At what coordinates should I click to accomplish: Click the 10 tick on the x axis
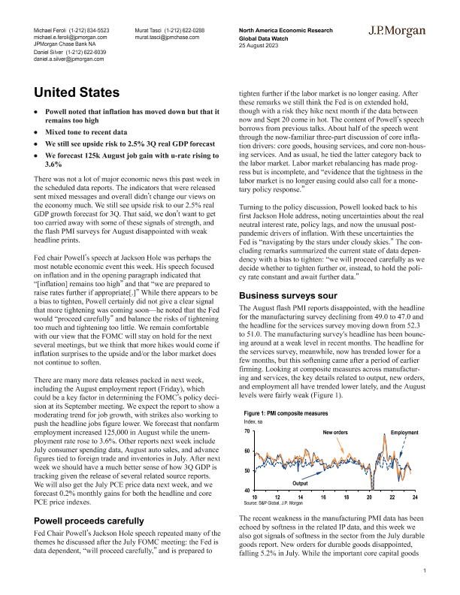click(x=254, y=497)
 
